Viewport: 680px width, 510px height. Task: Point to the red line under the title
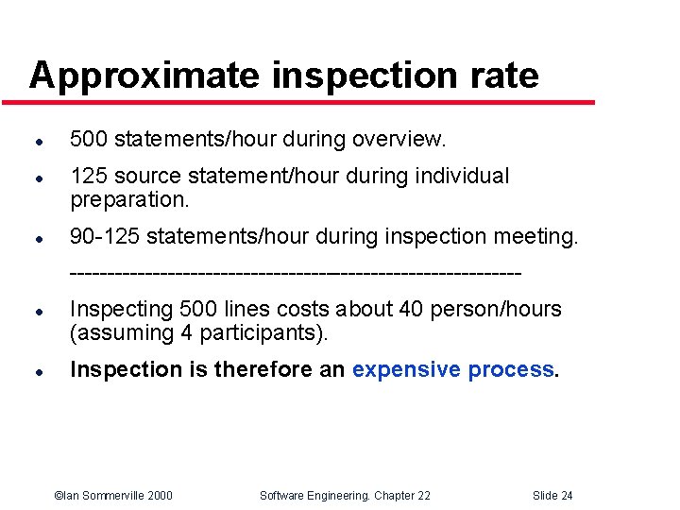[312, 102]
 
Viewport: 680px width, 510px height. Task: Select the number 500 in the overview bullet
[89, 140]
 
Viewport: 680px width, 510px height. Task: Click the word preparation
[129, 199]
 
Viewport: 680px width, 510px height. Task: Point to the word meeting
[537, 236]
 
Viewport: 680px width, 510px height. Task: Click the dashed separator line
[295, 273]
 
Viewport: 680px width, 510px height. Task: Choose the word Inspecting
[122, 310]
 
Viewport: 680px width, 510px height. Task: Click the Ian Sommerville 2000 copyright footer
[113, 496]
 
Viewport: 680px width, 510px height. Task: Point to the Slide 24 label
[552, 496]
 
